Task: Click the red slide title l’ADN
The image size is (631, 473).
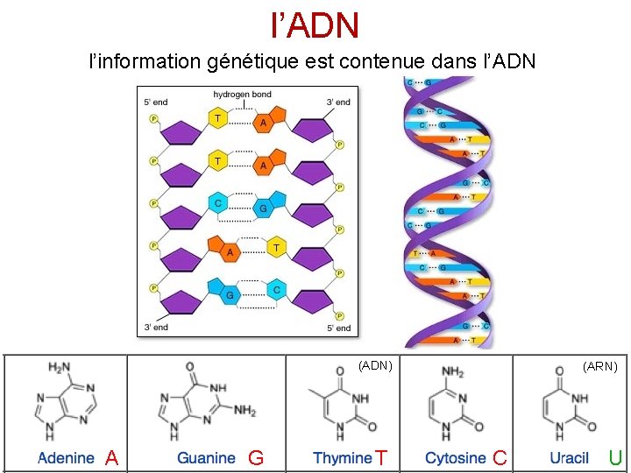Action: coord(315,25)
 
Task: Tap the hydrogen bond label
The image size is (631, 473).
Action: coord(242,95)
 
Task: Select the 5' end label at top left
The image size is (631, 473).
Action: coord(155,102)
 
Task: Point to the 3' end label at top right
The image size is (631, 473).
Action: coord(338,102)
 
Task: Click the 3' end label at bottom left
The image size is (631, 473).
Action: coord(155,328)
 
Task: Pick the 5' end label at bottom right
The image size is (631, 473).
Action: coord(338,328)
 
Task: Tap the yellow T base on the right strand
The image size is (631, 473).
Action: coord(276,248)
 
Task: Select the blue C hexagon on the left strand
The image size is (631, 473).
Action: coord(218,202)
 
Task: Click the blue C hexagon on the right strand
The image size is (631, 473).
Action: coord(276,289)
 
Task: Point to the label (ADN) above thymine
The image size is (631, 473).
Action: coord(375,366)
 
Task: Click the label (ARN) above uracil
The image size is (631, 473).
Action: coord(600,366)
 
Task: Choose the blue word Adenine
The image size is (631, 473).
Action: coord(66,457)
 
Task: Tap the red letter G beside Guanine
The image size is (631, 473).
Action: coord(256,457)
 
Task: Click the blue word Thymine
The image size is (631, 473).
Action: coord(343,457)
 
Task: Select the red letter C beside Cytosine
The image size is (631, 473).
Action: coord(500,457)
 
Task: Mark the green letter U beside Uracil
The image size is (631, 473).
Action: coord(615,457)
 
